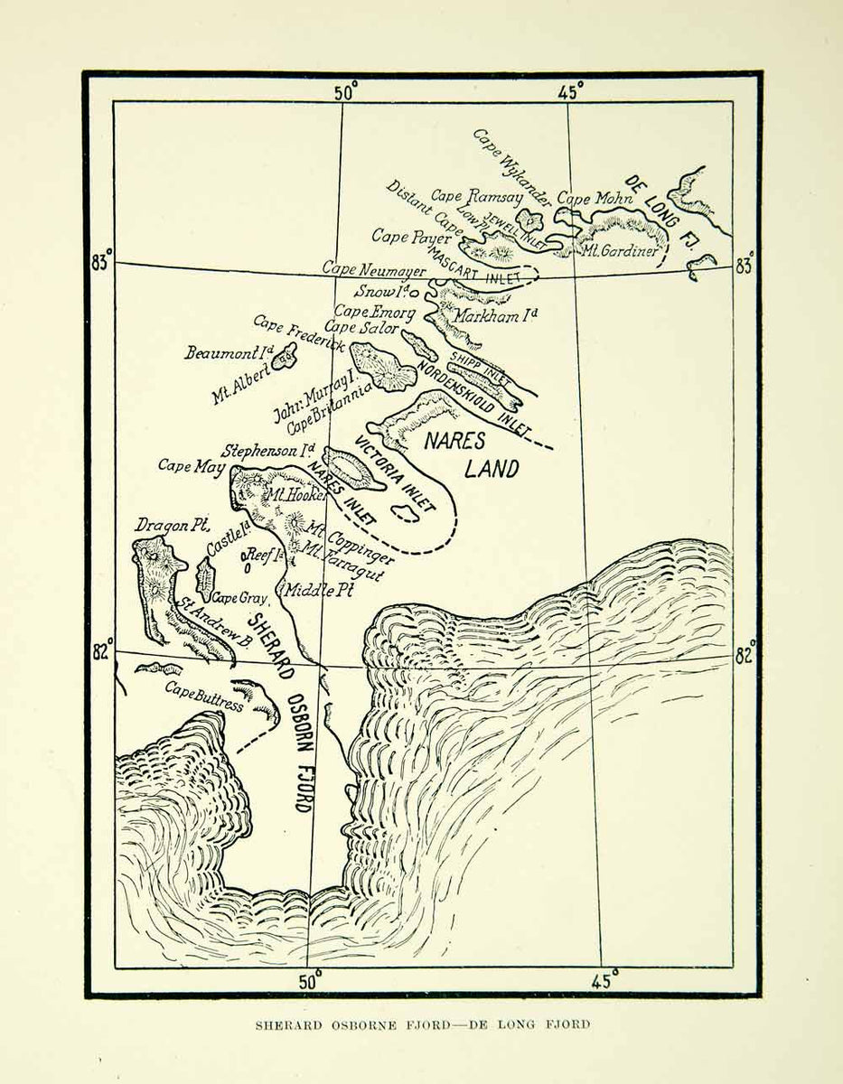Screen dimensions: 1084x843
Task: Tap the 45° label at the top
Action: (x=570, y=90)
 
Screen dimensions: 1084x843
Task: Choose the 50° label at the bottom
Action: (x=310, y=981)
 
